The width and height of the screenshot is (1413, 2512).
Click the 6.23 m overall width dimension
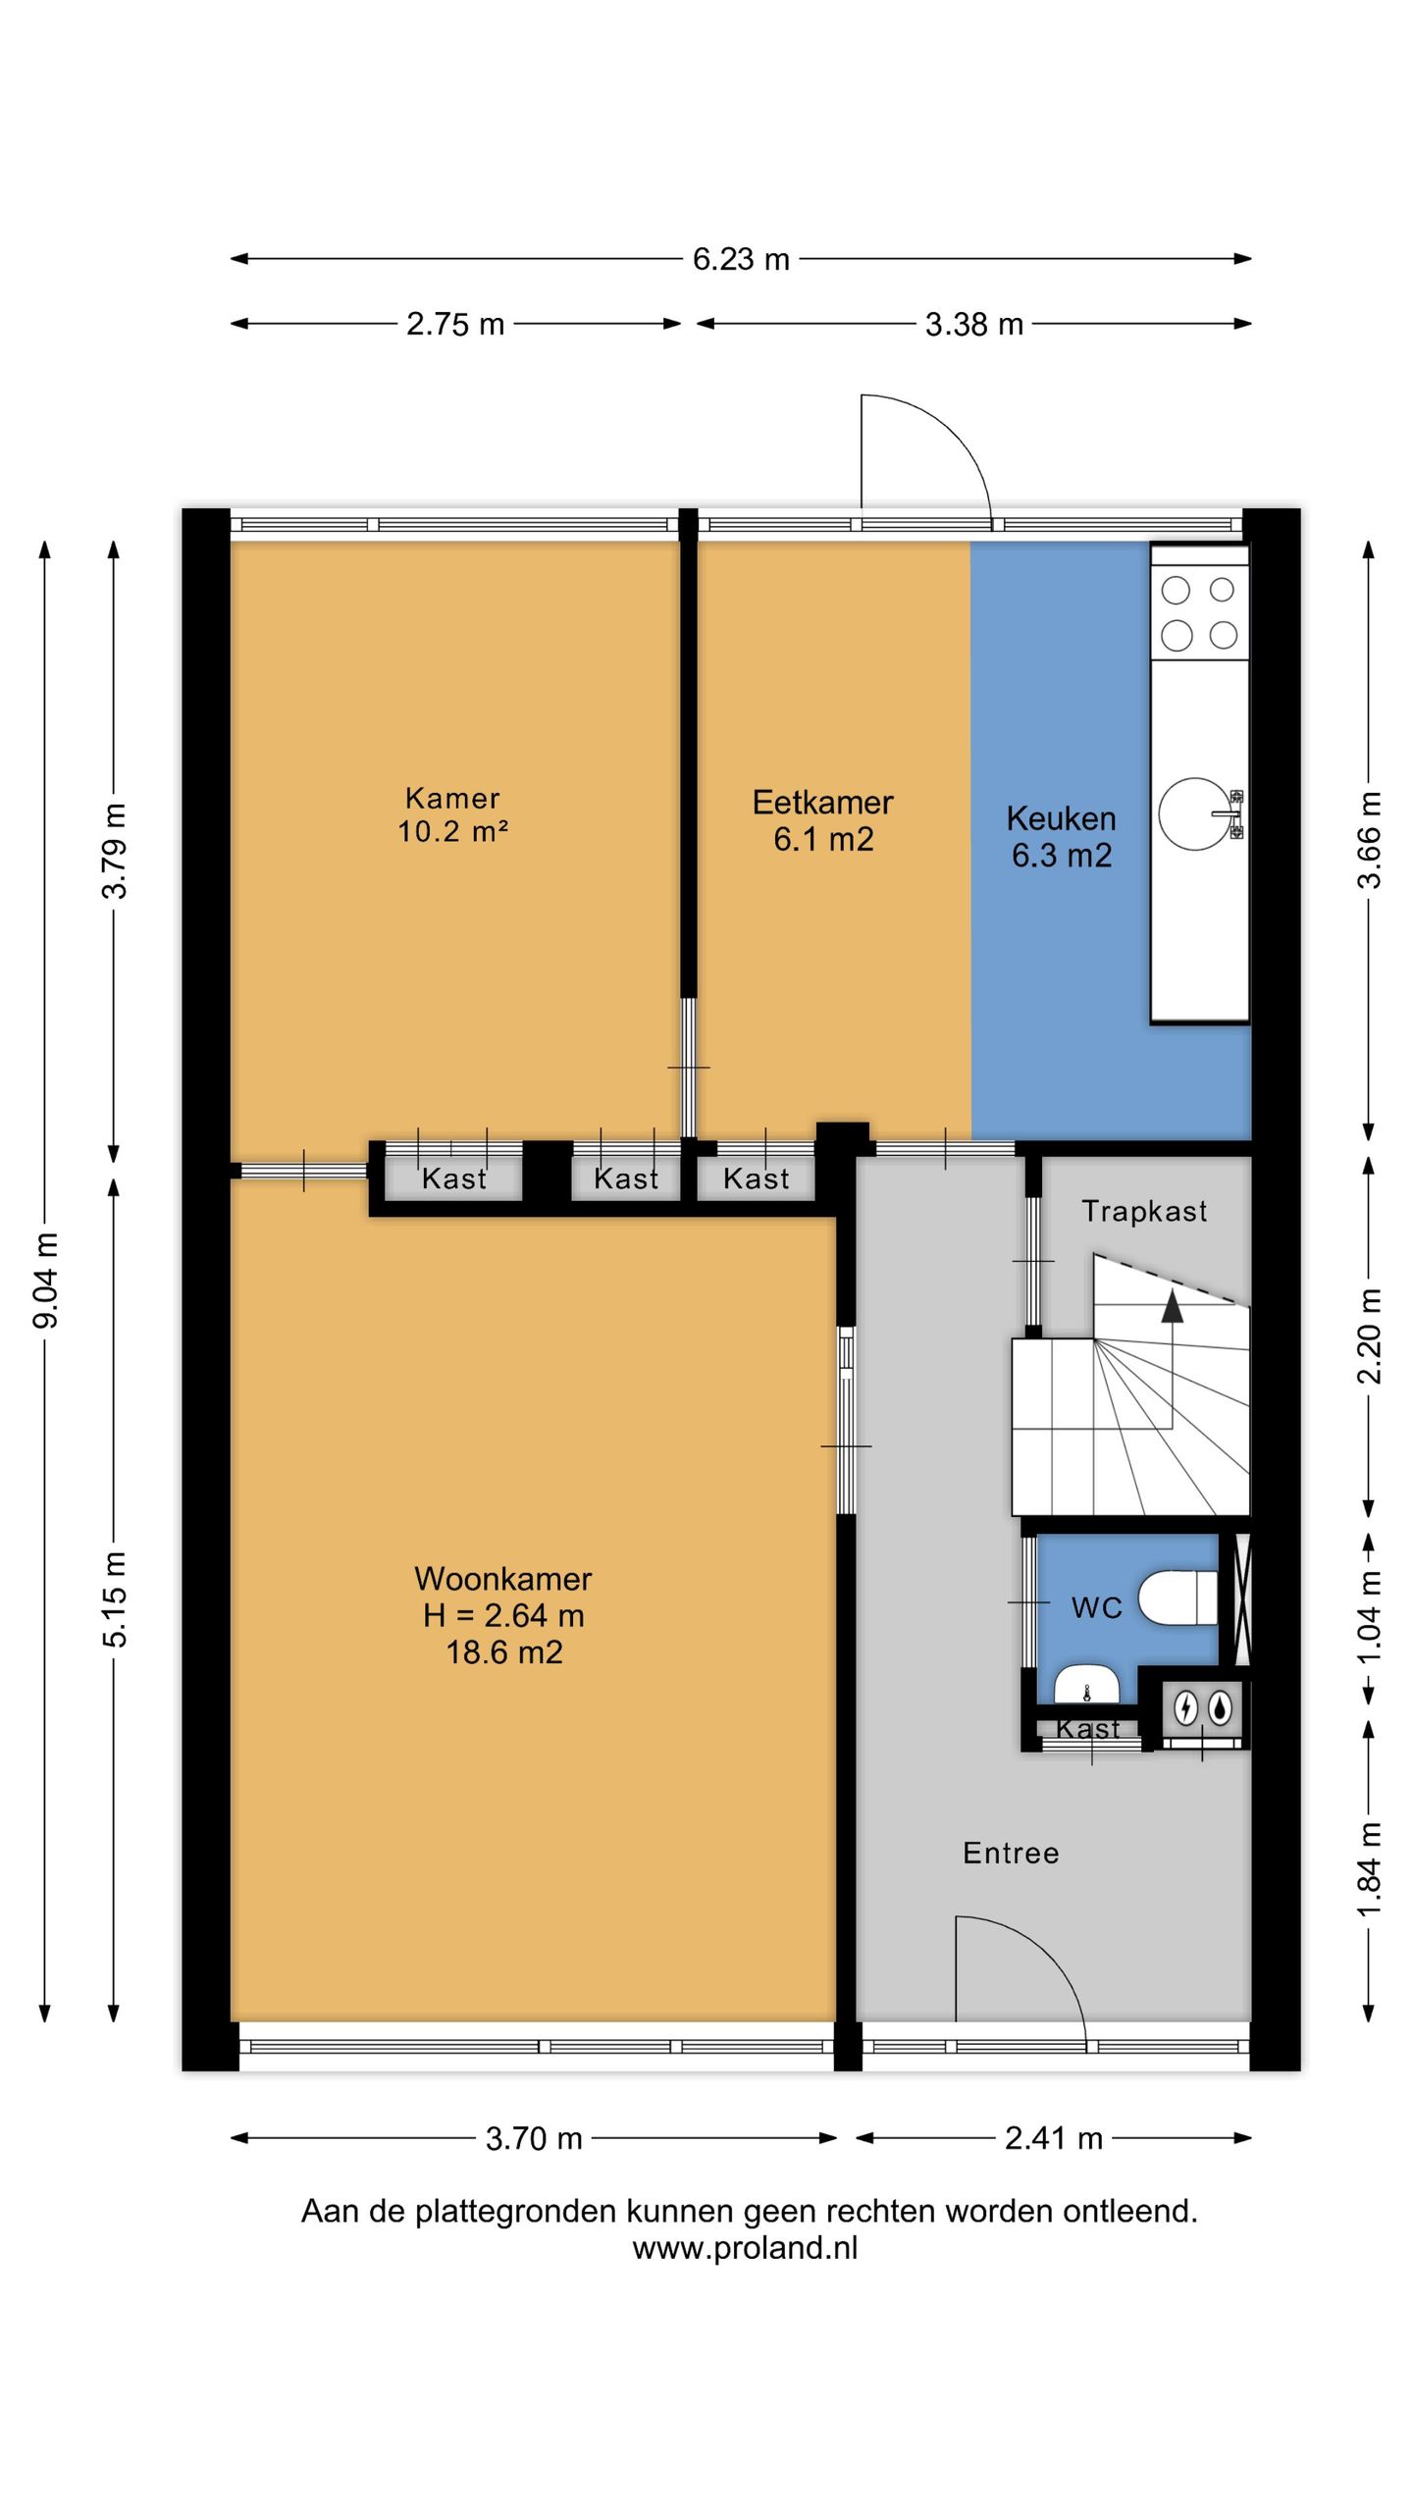741,259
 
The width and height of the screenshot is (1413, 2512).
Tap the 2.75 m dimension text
455,324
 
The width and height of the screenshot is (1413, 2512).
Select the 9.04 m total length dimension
45,1281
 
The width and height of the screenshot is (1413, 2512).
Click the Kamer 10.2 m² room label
452,814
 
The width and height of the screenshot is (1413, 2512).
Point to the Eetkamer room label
822,803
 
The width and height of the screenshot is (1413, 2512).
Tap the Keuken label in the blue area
1061,818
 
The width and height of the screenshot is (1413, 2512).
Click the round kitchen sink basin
1194,813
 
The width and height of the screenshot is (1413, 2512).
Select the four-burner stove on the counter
1199,612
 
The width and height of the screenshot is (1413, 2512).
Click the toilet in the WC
1177,1598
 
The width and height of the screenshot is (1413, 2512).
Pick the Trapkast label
1144,1212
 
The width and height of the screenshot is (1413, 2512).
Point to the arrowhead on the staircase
1172,1307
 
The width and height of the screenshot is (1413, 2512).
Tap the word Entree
1011,1853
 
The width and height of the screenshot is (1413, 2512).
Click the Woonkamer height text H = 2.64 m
503,1615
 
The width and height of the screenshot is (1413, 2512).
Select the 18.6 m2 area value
504,1652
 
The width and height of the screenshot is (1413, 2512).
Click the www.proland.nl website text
745,2248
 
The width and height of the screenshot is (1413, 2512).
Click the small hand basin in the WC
1087,1682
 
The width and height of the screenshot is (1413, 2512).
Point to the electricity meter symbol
1185,1708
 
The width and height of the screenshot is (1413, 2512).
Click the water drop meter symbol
1220,1708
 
